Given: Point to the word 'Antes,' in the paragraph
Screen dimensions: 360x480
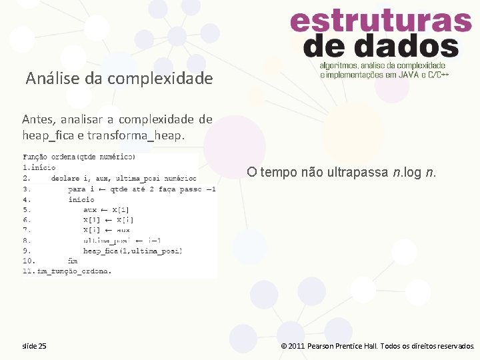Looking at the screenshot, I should point(39,120).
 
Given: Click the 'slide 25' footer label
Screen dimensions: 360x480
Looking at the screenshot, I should point(34,346).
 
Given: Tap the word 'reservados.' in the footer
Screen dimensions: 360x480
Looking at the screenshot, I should point(456,346).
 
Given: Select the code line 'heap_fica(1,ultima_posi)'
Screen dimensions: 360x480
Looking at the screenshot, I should point(133,251).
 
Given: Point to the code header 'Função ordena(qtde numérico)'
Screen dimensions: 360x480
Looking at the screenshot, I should point(79,157).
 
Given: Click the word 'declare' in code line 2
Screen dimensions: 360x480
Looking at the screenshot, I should point(65,179).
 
